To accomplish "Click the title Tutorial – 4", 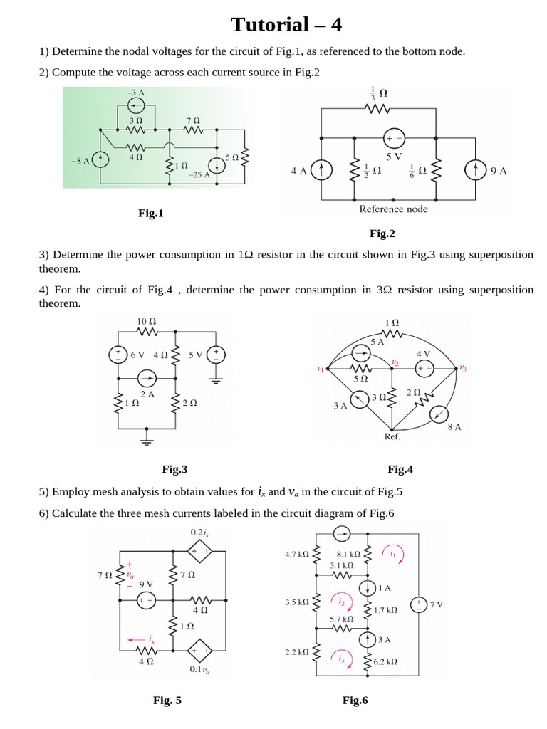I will [x=286, y=25].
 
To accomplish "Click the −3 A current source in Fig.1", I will [x=135, y=106].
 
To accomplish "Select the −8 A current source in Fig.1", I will [x=102, y=160].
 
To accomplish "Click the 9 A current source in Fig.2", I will [x=475, y=170].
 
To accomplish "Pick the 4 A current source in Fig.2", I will [x=322, y=170].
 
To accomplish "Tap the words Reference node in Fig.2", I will [x=393, y=209].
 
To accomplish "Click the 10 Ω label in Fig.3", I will [x=146, y=322].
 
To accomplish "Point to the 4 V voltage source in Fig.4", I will [x=424, y=369].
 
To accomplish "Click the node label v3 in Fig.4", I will [x=463, y=368].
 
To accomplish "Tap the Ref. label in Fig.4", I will [x=392, y=436].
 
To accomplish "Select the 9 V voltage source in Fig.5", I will [x=146, y=600].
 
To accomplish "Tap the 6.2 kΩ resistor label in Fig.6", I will [x=385, y=661].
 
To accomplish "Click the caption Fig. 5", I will [x=167, y=701].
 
